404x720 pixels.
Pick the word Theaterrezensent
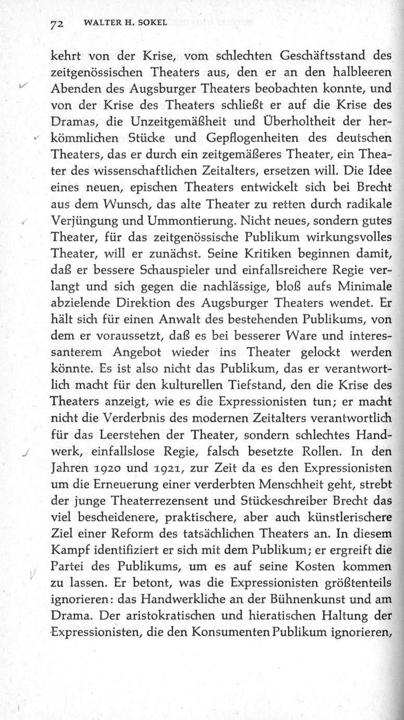click(x=144, y=503)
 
